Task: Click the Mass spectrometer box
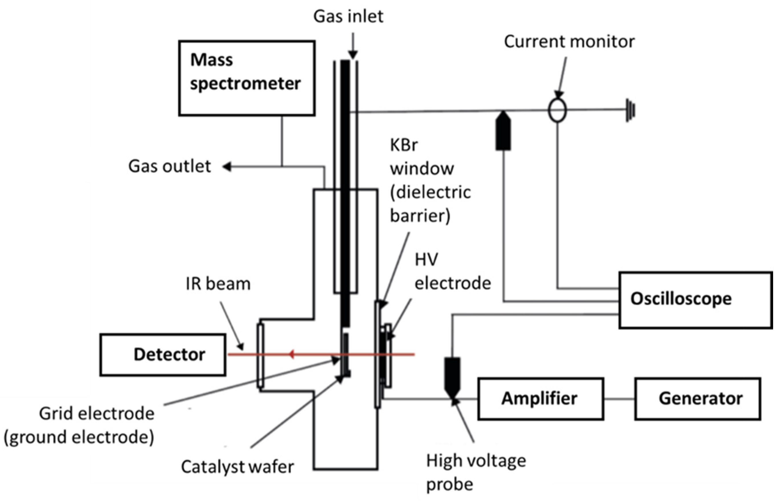[x=246, y=78]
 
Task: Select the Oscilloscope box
[x=695, y=300]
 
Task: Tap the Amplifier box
[x=540, y=398]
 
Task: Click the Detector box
[x=163, y=354]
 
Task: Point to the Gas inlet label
[x=348, y=16]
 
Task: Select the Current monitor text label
[x=569, y=42]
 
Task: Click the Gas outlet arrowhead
[x=227, y=167]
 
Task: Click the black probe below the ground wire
[x=503, y=132]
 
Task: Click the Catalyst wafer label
[x=237, y=467]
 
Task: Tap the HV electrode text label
[x=452, y=272]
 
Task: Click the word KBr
[x=403, y=145]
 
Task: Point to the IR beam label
[x=218, y=284]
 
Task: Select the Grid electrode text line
[x=97, y=414]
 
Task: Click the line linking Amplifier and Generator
[x=619, y=398]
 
